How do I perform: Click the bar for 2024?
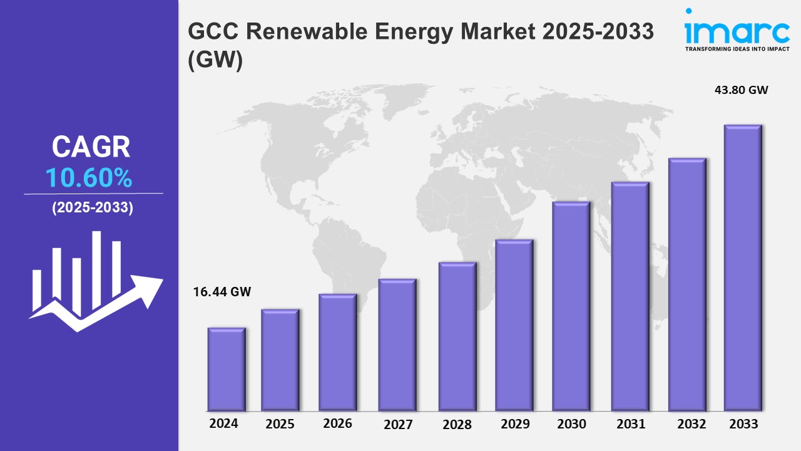tap(227, 369)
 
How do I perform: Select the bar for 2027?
tap(397, 345)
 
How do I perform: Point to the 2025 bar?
tap(280, 360)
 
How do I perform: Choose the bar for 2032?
tap(687, 284)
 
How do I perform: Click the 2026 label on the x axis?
tap(337, 423)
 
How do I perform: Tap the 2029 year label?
tap(516, 424)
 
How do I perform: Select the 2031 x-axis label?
tap(630, 424)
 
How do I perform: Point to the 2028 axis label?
tap(457, 424)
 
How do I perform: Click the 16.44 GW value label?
tap(222, 291)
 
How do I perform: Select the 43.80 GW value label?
tap(741, 90)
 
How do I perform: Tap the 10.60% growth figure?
tap(89, 179)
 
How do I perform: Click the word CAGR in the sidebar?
tap(91, 147)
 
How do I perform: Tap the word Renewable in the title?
tap(325, 32)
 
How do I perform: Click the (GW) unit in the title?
tap(214, 61)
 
